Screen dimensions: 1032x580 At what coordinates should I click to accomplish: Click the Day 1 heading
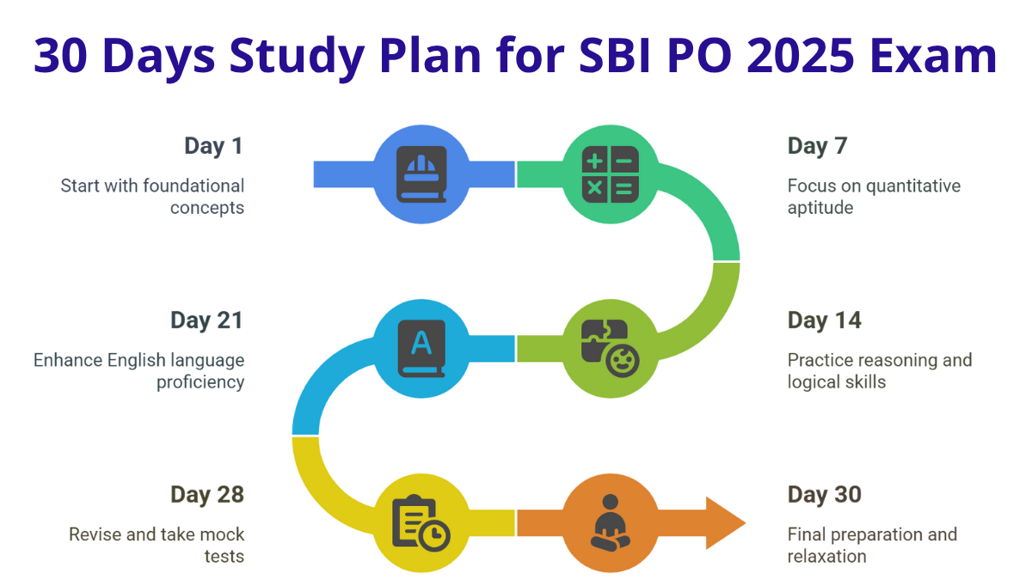click(x=214, y=146)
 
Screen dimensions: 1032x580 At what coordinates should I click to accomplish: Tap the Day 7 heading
click(x=817, y=146)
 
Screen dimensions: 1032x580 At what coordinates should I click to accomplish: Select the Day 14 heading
click(x=824, y=321)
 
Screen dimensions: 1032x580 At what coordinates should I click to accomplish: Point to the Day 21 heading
click(x=207, y=321)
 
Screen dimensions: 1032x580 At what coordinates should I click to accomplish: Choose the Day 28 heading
click(x=207, y=495)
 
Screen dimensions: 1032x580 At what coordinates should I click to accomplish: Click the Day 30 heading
click(x=824, y=495)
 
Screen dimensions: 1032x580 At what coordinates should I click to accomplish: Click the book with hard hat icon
click(x=421, y=174)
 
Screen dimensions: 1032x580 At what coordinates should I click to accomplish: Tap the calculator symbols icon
click(x=611, y=174)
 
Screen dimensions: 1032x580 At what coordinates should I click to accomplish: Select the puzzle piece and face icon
click(x=611, y=349)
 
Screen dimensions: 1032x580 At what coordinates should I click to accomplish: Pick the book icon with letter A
click(x=421, y=349)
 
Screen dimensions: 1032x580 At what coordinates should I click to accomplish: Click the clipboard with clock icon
click(x=421, y=523)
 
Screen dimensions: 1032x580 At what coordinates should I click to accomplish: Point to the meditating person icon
click(x=611, y=523)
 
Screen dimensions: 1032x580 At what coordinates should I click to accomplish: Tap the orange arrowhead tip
click(x=746, y=523)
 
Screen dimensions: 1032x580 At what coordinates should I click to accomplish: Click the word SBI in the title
click(x=615, y=56)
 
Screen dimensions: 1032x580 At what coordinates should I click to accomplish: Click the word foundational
click(x=194, y=186)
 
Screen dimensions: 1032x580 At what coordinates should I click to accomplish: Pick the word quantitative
click(x=913, y=186)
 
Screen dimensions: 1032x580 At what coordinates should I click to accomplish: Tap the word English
click(x=137, y=361)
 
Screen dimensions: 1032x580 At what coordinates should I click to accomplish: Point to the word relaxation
click(x=827, y=557)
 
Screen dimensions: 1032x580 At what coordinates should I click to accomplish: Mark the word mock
click(x=222, y=534)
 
